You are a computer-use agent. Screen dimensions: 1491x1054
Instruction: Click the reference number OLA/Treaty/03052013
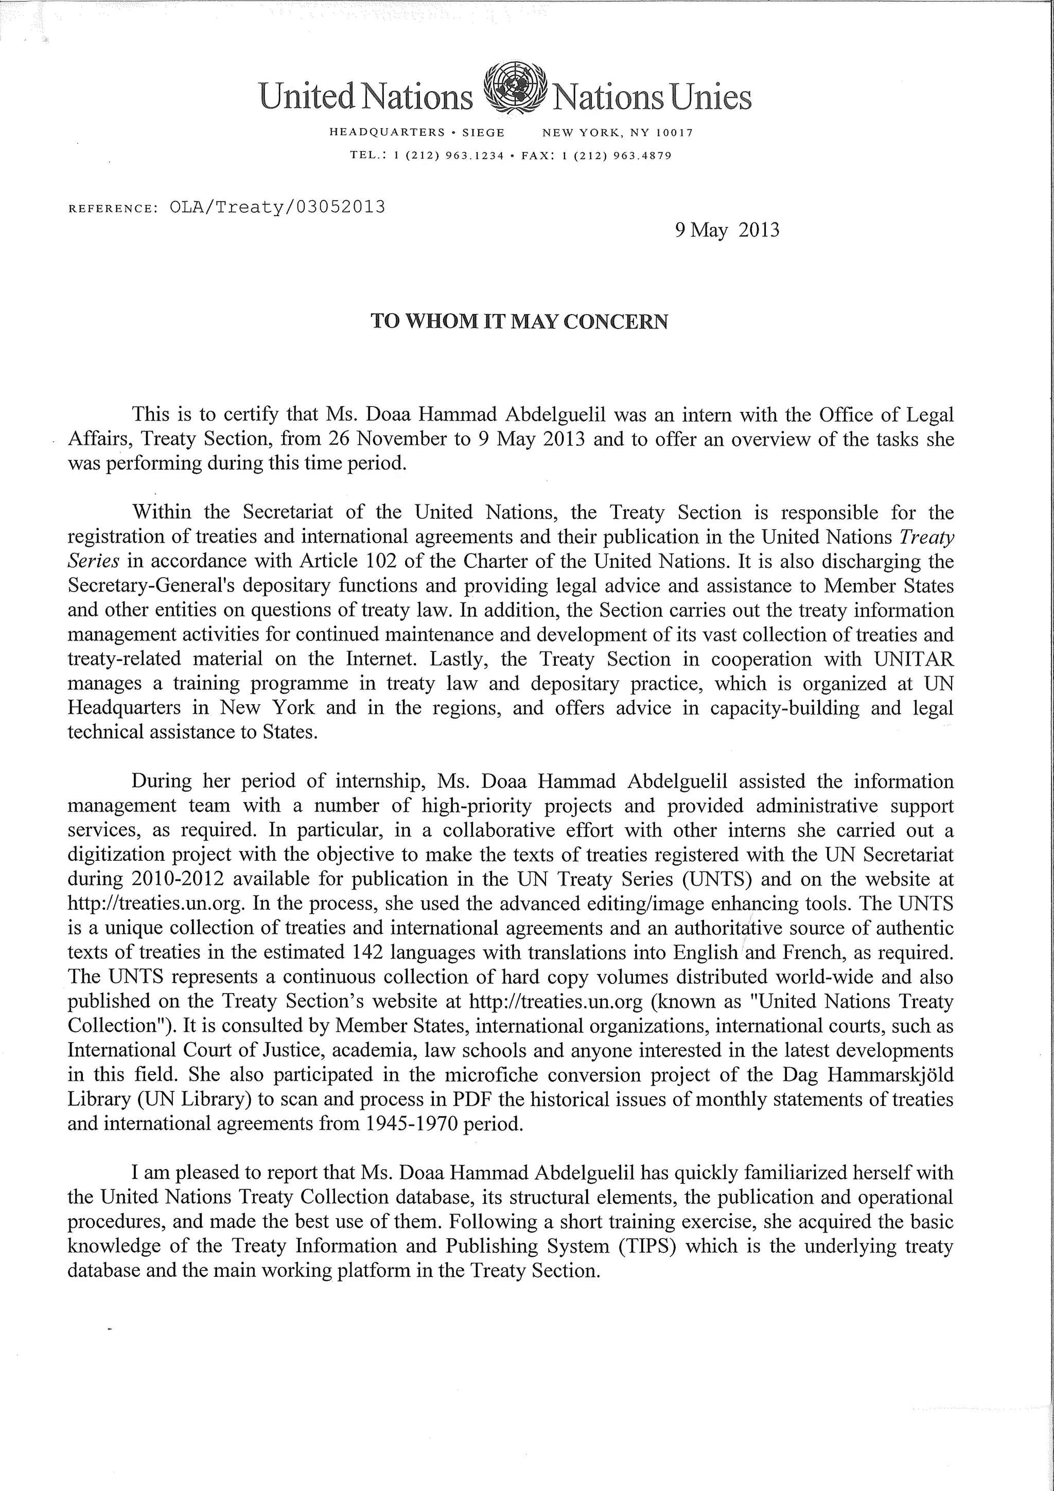[x=277, y=207]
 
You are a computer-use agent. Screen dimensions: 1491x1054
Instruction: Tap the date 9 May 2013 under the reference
[x=727, y=231]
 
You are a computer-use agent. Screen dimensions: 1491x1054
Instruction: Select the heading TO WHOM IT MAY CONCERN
[x=519, y=322]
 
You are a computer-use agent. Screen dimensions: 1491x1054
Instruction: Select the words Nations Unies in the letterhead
[x=651, y=97]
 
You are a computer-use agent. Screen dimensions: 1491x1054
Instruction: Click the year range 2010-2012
[x=178, y=879]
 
